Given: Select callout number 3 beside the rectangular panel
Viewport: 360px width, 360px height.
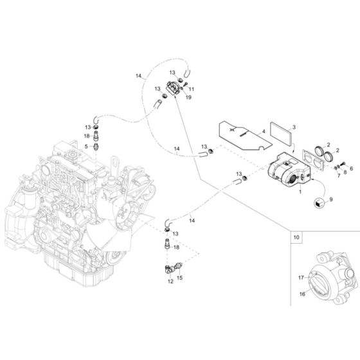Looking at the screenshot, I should click(293, 129).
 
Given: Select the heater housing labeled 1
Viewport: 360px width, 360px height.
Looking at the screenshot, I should click(287, 173).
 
